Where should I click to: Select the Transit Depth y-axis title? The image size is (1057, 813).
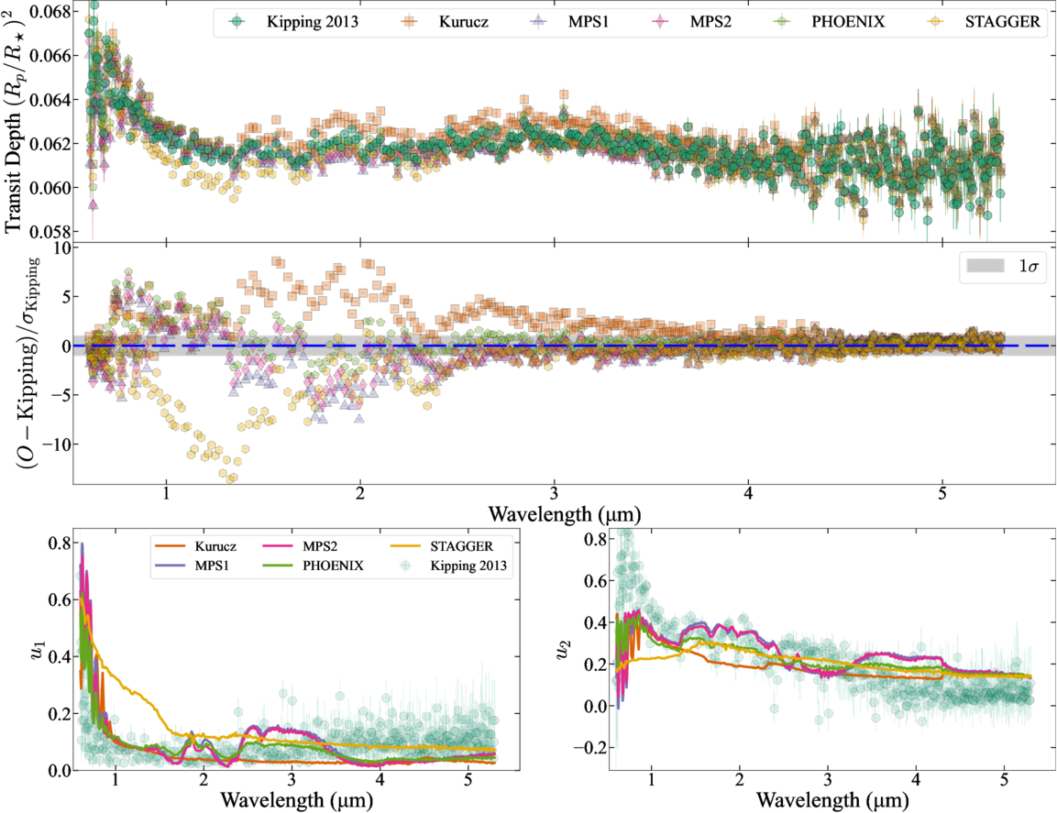coord(17,119)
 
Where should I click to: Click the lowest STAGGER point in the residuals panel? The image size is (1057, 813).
coord(232,478)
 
